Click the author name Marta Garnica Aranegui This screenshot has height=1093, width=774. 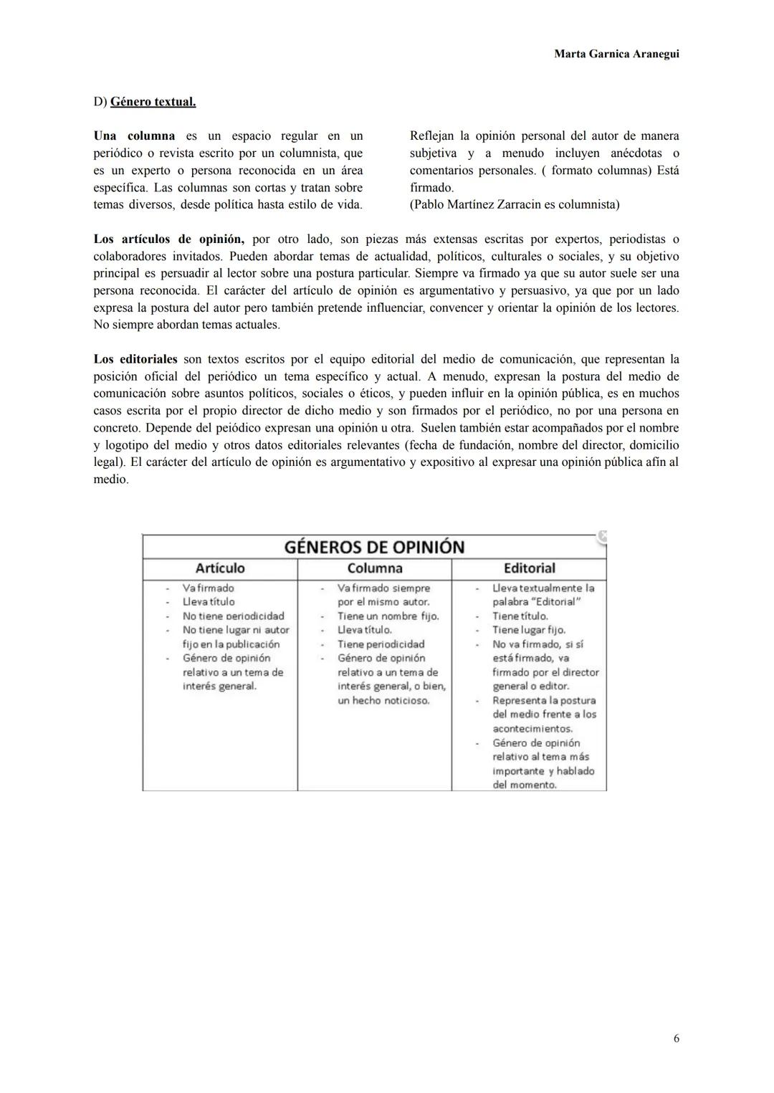616,54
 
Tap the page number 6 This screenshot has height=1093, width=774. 676,1038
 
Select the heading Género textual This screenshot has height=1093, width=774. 153,102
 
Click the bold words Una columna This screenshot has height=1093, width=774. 134,135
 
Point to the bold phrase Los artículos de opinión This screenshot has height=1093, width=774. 168,239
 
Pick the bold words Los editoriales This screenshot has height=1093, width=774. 135,359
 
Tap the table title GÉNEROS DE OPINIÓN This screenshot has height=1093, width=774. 374,547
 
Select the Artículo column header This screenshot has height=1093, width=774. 220,568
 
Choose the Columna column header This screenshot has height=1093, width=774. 374,568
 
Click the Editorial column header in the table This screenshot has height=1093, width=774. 529,568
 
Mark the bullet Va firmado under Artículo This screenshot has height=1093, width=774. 208,588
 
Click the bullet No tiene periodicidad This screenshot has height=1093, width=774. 233,616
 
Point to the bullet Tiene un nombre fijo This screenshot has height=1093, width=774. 388,616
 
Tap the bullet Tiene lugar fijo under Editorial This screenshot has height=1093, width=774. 528,630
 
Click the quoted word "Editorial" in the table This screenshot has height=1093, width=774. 555,602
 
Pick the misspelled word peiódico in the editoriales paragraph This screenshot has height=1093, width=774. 196,428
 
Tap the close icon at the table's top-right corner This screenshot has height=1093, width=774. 603,535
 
